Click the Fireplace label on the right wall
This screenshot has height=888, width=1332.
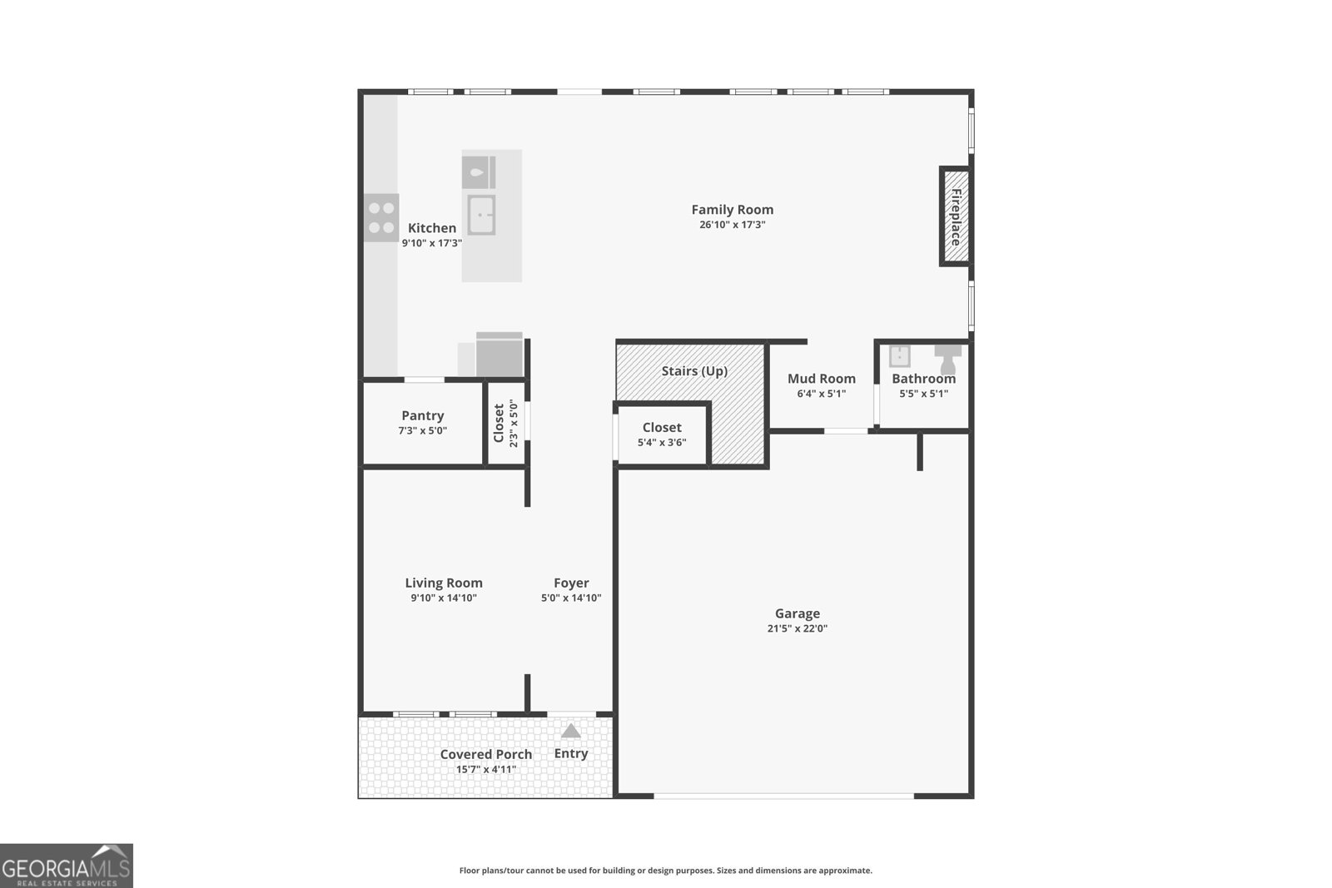956,216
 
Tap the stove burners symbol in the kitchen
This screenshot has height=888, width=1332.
381,218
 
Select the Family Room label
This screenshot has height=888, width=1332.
732,210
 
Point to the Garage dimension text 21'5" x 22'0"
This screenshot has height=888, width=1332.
797,628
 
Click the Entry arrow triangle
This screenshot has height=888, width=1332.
570,731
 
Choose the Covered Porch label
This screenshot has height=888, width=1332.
485,754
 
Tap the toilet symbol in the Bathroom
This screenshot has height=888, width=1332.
947,360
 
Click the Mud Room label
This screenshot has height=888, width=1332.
821,379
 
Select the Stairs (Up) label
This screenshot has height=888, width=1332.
694,371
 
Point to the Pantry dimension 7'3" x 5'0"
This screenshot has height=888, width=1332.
422,430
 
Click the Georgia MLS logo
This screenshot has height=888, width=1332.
66,866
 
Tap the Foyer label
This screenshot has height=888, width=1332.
571,583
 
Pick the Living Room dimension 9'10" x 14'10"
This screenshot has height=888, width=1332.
443,598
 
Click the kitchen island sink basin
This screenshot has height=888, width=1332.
481,215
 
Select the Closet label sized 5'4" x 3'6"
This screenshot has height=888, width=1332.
662,428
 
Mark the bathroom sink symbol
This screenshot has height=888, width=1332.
899,356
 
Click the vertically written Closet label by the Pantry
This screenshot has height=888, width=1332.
499,423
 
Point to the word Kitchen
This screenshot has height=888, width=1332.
431,228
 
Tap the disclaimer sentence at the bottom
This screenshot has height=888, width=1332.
665,871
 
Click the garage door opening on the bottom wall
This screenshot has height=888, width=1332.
783,796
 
